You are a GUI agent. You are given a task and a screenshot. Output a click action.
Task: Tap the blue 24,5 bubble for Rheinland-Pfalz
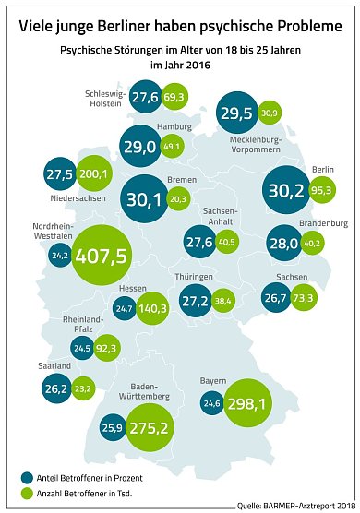pos(81,349)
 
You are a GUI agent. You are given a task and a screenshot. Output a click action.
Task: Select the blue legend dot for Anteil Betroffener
pos(27,477)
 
